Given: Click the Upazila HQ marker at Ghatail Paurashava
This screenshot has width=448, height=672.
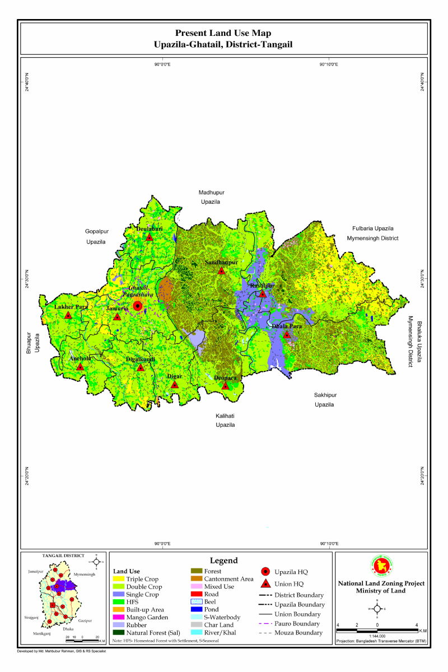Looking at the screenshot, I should (137, 306).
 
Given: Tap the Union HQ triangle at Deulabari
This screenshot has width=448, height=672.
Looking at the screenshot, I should (150, 237).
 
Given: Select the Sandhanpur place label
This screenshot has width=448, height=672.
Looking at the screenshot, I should (221, 262).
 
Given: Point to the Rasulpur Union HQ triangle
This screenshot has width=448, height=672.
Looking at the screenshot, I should (262, 293).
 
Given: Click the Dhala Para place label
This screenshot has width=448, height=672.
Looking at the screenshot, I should (287, 326).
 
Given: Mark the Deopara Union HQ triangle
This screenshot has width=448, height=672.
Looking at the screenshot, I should (226, 386).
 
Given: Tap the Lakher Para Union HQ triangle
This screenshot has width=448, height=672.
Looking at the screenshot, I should (68, 316).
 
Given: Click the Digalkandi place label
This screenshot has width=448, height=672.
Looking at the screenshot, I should (141, 360).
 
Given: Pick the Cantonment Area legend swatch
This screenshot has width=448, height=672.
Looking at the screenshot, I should (196, 579).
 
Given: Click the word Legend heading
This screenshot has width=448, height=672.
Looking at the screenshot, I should (224, 561).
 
